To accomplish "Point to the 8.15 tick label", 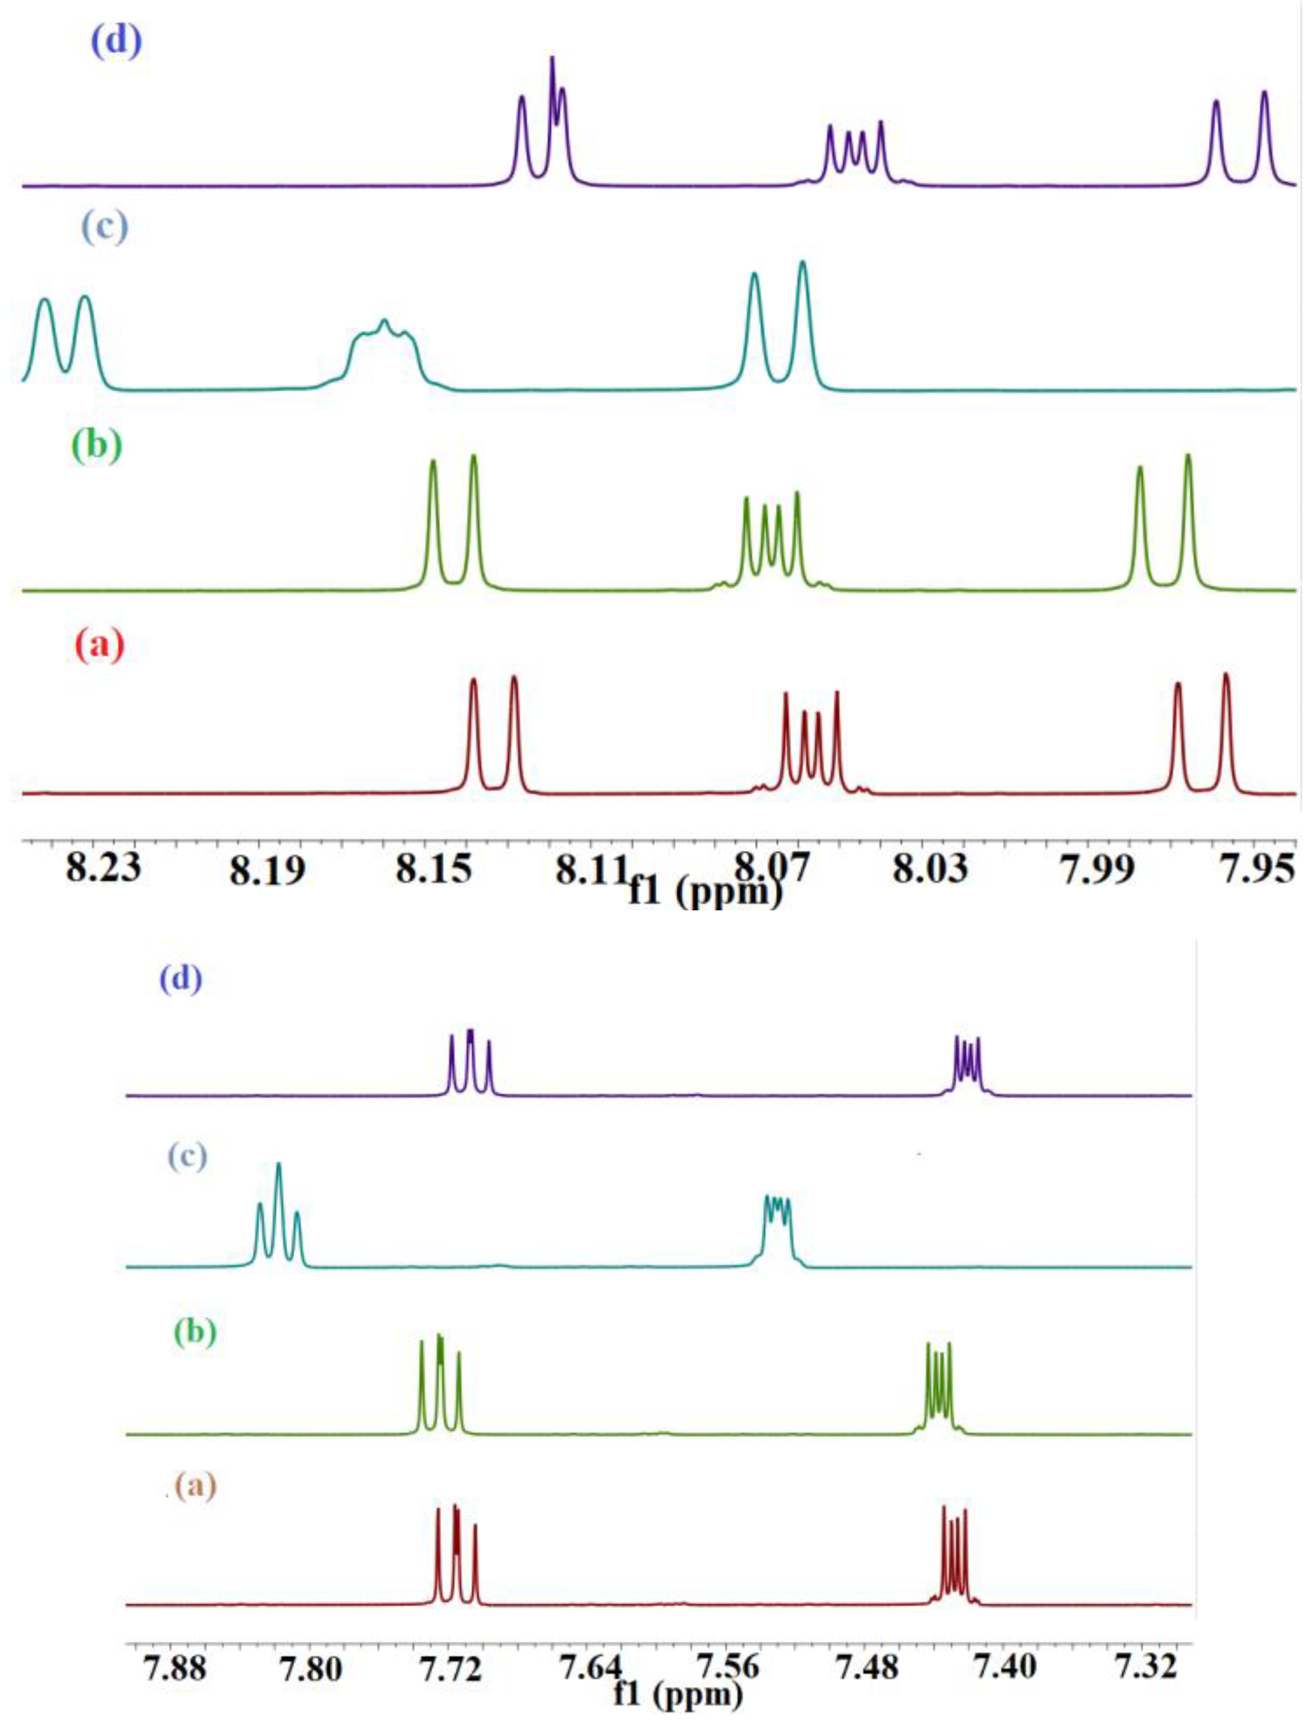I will [433, 869].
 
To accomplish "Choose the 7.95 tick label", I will [1259, 869].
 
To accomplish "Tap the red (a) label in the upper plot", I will [99, 646].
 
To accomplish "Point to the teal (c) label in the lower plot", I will [188, 1156].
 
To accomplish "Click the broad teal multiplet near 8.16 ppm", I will [383, 344].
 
